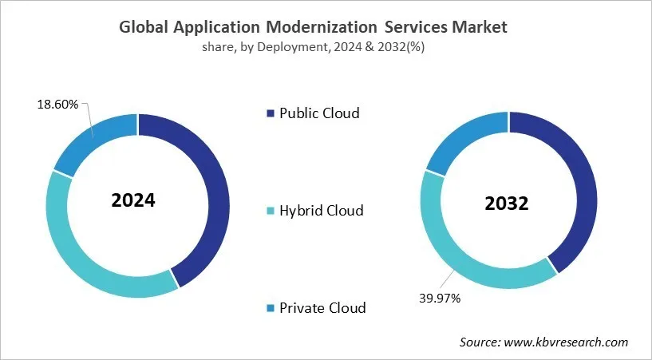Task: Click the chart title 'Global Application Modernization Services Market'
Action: [313, 27]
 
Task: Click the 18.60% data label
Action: [58, 105]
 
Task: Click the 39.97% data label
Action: [440, 298]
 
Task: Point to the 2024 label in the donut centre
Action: [133, 200]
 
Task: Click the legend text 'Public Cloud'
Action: [319, 113]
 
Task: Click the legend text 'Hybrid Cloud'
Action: [321, 211]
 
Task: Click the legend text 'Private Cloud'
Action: [322, 307]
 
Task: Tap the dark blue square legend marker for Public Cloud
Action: [270, 113]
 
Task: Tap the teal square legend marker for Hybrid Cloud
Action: [270, 211]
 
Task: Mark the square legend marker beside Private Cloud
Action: [270, 308]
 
